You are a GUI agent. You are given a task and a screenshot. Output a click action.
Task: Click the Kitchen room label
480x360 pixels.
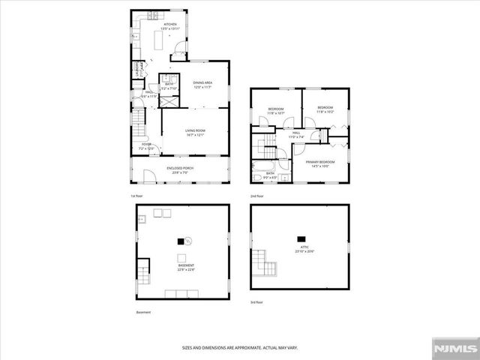[x=170, y=25]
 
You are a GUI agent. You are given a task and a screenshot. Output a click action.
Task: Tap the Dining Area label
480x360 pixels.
[x=202, y=85]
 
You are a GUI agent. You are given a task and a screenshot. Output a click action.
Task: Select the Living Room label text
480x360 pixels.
[x=196, y=133]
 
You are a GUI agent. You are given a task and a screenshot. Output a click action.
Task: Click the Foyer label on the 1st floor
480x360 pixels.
[x=146, y=146]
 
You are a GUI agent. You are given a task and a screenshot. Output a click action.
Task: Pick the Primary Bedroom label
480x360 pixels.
[x=319, y=163]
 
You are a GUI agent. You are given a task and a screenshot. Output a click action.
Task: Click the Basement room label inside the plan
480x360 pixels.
[x=185, y=267]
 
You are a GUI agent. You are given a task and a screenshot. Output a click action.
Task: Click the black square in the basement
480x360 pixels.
[x=179, y=241]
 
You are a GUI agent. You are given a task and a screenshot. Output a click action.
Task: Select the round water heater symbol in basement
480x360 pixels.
[x=189, y=241]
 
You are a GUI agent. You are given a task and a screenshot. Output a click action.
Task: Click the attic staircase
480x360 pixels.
[x=262, y=264]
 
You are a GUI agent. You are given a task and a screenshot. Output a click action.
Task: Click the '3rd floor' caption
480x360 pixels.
[x=256, y=301]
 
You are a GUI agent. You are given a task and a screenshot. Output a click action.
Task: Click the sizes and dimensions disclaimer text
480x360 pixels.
[x=239, y=347]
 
